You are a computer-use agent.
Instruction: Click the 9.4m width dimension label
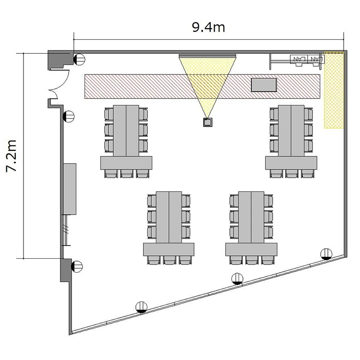[x=208, y=27]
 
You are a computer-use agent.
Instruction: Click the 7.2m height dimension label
[x=11, y=156]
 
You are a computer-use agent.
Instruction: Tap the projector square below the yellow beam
[x=207, y=122]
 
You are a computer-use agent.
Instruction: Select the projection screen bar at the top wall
[x=207, y=56]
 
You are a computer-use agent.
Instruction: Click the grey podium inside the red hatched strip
[x=264, y=85]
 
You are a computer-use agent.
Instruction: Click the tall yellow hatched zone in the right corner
[x=334, y=90]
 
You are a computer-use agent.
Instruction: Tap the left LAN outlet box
[x=299, y=60]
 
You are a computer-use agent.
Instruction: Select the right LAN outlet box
[x=315, y=59]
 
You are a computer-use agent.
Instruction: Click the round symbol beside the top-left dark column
[x=79, y=60]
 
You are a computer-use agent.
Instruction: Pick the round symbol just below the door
[x=69, y=117]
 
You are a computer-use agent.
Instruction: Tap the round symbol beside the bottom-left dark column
[x=77, y=266]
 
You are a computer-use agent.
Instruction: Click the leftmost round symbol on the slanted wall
[x=141, y=307]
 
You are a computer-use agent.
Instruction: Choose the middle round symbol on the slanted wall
[x=238, y=279]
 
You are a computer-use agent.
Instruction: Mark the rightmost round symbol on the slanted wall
[x=326, y=254]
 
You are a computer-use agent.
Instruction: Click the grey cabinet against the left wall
[x=70, y=189]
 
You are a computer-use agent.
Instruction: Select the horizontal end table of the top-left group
[x=126, y=163]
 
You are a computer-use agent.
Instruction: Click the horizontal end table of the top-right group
[x=291, y=163]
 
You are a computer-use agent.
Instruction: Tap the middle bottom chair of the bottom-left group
[x=169, y=260]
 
